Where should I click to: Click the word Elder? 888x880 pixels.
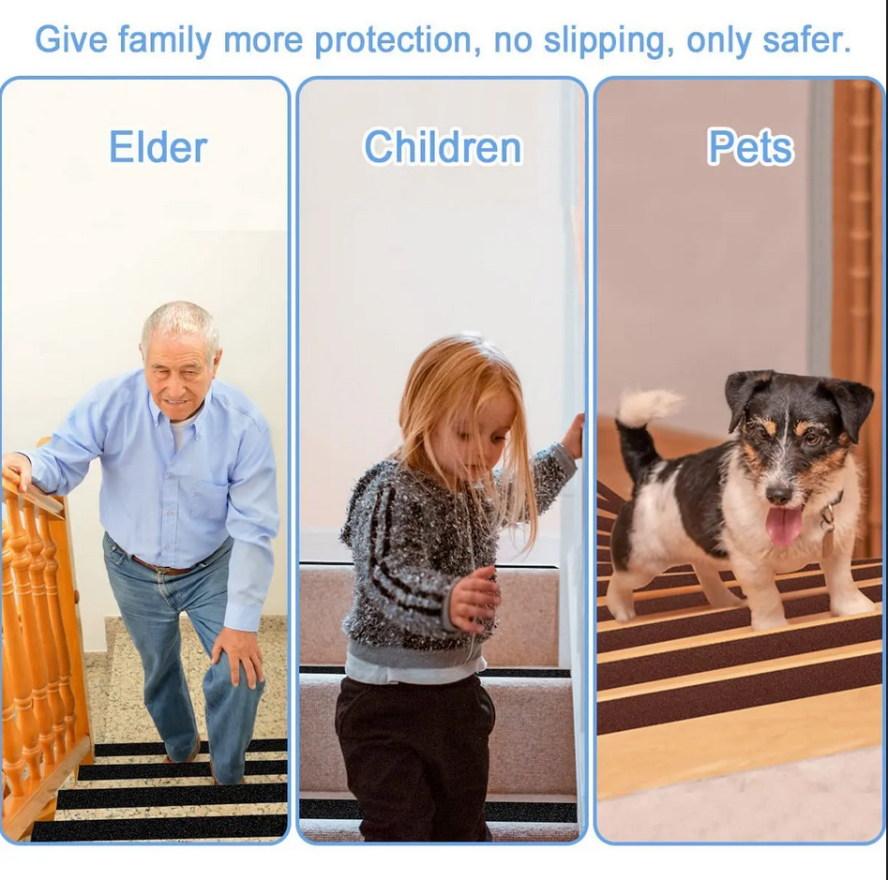(158, 147)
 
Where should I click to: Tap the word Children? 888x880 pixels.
(442, 147)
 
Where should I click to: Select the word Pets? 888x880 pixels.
(750, 147)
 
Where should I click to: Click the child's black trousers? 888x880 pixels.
(413, 750)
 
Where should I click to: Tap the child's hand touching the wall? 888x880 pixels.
(573, 435)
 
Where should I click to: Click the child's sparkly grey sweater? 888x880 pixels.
(413, 553)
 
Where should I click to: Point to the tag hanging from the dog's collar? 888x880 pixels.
(828, 538)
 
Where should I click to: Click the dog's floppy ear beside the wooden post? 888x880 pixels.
(851, 404)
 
